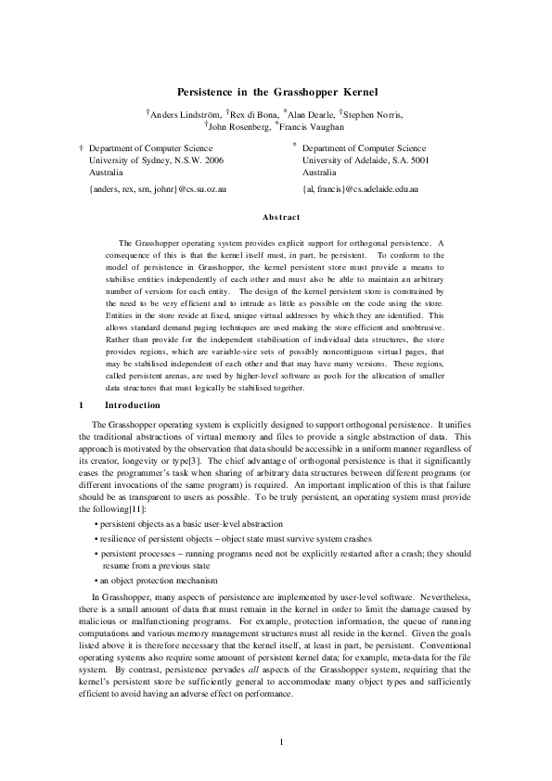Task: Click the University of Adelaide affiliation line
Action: [366, 160]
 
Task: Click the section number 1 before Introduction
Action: [82, 405]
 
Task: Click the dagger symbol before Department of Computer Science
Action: [82, 147]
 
